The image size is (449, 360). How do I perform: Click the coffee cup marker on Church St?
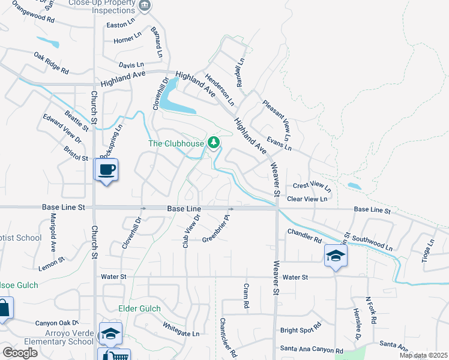pyautogui.click(x=107, y=170)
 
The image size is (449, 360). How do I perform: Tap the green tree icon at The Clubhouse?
pyautogui.click(x=213, y=143)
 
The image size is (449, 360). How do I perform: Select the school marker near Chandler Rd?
pyautogui.click(x=336, y=256)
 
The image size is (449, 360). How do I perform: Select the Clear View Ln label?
pyautogui.click(x=308, y=199)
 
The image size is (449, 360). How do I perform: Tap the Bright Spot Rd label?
pyautogui.click(x=301, y=330)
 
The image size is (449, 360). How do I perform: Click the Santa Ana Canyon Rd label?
pyautogui.click(x=311, y=349)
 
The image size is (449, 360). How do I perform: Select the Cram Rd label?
pyautogui.click(x=246, y=296)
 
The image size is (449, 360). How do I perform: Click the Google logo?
pyautogui.click(x=20, y=353)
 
